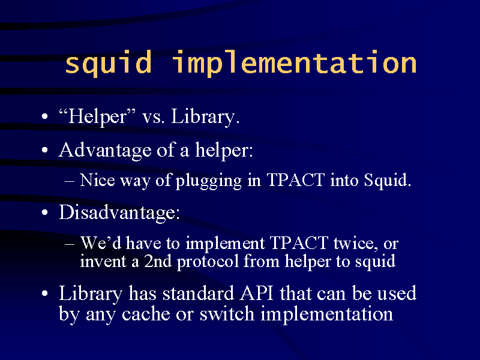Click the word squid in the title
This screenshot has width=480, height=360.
pos(109,63)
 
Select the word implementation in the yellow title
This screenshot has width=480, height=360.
pos(295,63)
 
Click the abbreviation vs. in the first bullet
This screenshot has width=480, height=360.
pos(154,117)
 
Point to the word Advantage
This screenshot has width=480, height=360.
pos(105,151)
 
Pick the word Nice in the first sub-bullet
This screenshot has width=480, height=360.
pos(97,179)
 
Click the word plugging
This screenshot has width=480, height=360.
pos(209,181)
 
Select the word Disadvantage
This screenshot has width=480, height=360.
pos(119,212)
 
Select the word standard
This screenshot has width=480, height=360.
pos(199,293)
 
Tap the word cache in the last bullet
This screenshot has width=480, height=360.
pos(146,314)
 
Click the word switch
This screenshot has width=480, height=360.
pos(227,314)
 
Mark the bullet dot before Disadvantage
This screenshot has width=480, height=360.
pos(45,213)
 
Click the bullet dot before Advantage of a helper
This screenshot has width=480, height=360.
pos(45,151)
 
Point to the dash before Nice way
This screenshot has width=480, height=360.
pos(70,181)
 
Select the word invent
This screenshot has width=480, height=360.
pos(103,262)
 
